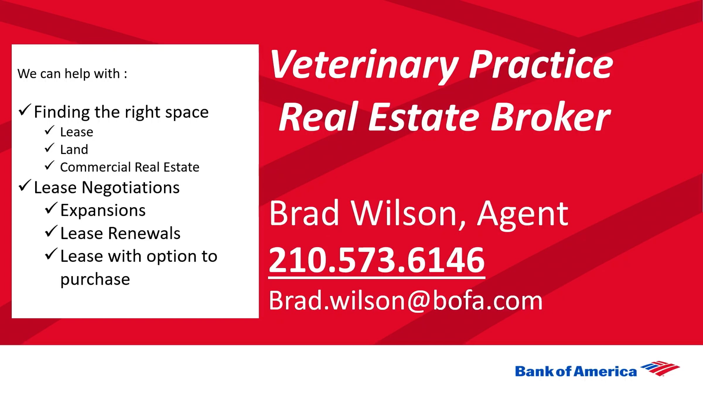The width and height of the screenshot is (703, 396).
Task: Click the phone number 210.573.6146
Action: click(377, 260)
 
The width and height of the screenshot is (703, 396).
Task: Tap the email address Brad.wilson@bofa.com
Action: click(406, 300)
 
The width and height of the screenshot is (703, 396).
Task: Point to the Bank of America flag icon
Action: click(660, 368)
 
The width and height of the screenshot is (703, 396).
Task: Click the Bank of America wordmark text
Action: click(576, 371)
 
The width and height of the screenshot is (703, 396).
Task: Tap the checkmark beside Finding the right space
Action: click(25, 110)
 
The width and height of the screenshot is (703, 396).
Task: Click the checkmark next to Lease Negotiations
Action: click(25, 186)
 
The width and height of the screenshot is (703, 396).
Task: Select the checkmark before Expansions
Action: click(51, 209)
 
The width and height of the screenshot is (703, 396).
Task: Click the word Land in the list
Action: click(74, 150)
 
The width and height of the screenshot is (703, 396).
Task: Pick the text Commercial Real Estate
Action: click(130, 167)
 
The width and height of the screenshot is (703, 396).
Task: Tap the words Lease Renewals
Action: click(120, 233)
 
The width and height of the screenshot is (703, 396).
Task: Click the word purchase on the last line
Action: click(95, 280)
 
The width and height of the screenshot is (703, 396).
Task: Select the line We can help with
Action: click(72, 74)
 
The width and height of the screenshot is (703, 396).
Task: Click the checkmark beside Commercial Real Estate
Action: click(50, 166)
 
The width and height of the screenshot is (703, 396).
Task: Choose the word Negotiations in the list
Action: click(131, 188)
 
